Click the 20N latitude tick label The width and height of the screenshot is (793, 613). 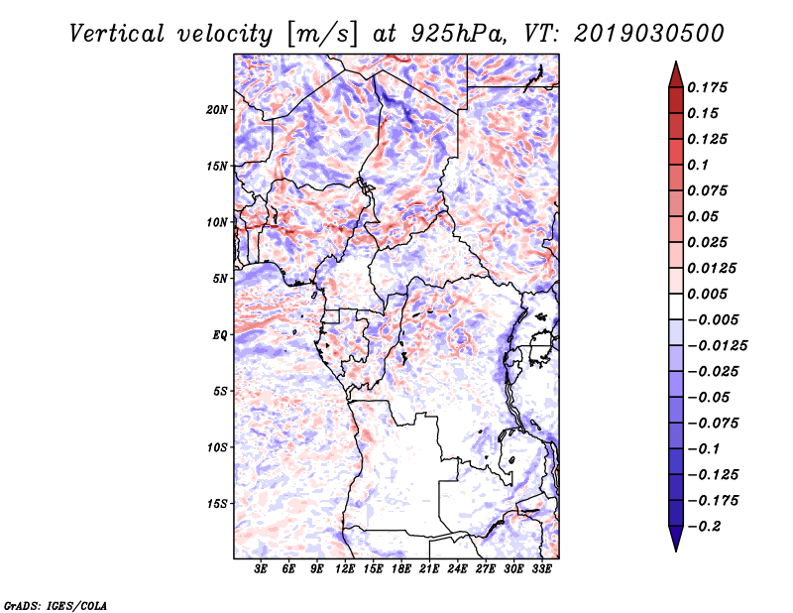(217, 110)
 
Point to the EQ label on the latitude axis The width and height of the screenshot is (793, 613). (219, 335)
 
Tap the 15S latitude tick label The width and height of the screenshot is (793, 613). (217, 504)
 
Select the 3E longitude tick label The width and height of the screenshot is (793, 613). (261, 569)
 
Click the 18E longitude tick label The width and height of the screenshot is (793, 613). (401, 569)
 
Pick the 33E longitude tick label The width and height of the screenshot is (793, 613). (541, 569)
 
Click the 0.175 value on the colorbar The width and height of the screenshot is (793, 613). (707, 87)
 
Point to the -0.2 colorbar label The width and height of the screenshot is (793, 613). (704, 527)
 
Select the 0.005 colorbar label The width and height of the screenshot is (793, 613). (707, 294)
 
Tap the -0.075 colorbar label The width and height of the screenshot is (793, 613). (713, 424)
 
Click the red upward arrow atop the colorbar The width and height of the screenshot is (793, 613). (676, 74)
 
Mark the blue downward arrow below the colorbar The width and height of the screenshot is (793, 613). (676, 539)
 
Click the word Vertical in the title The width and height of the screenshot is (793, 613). (117, 34)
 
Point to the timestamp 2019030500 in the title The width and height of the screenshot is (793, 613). (649, 34)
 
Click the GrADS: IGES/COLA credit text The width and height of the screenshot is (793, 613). (56, 605)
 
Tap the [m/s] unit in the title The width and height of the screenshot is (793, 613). (322, 34)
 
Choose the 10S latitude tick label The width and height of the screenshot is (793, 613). (217, 447)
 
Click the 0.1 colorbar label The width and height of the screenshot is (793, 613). (698, 165)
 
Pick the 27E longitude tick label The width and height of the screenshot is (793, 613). (486, 569)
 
